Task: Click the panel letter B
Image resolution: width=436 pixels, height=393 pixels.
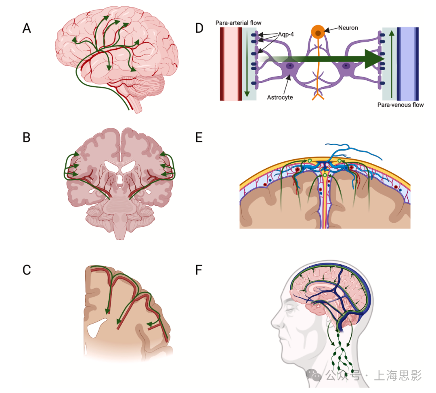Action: (x=27, y=138)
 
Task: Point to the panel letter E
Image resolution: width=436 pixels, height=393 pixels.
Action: (x=199, y=138)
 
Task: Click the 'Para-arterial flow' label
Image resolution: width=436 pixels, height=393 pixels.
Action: (x=239, y=22)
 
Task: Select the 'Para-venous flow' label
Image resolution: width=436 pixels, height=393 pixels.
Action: (x=400, y=105)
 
